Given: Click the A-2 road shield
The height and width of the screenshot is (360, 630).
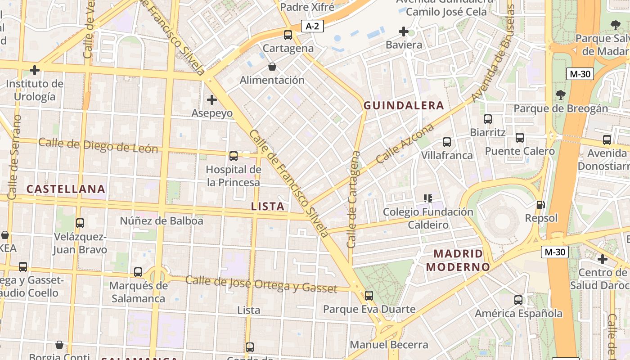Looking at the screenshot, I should click(312, 27).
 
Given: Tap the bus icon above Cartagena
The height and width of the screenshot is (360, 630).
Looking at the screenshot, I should click(288, 35).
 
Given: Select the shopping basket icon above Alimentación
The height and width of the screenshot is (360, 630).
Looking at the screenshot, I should click(272, 67).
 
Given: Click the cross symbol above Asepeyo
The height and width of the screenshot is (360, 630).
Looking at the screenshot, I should click(212, 100).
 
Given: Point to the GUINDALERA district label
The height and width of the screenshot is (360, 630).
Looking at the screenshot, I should click(404, 106).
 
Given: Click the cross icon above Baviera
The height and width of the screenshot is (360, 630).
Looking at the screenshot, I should click(404, 31).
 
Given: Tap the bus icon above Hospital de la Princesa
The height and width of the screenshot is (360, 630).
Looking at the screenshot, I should click(234, 156).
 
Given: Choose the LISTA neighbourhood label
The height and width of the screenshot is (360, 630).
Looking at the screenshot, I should click(267, 207).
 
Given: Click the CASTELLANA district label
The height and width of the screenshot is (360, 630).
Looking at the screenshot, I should click(66, 189).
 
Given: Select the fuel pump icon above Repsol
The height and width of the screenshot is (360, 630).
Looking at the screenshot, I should click(540, 205).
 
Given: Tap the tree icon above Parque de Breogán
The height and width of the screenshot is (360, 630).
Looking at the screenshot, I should click(561, 95).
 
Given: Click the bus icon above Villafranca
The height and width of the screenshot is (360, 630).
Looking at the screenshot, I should click(447, 142).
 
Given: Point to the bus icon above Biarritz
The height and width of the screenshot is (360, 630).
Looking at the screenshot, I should click(488, 119).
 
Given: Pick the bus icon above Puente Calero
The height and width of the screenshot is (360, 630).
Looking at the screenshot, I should click(520, 138).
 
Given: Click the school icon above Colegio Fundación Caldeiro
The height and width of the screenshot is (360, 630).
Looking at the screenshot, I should click(428, 198).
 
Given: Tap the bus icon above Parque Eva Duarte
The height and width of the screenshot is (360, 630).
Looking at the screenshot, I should click(369, 296).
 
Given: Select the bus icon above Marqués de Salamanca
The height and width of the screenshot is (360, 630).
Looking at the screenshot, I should click(138, 272).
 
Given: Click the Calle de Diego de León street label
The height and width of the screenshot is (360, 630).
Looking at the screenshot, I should click(98, 145).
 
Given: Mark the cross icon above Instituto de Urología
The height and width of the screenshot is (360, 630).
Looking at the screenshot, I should click(35, 70).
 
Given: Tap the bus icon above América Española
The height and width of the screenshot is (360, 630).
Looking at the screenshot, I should click(518, 300).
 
